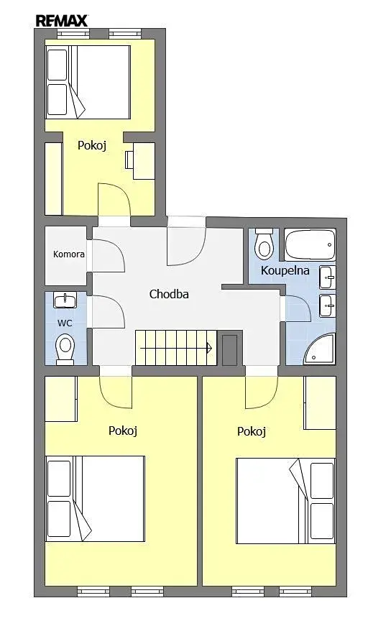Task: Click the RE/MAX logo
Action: pyautogui.click(x=62, y=21)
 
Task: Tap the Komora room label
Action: pyautogui.click(x=69, y=254)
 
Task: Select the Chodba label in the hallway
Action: pyautogui.click(x=169, y=294)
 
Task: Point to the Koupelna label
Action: pyautogui.click(x=285, y=270)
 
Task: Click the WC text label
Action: pyautogui.click(x=65, y=323)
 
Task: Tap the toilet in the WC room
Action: pyautogui.click(x=65, y=349)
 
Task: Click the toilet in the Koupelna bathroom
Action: pyautogui.click(x=264, y=242)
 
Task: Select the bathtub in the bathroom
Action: pyautogui.click(x=310, y=244)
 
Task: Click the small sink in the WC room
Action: pyautogui.click(x=65, y=300)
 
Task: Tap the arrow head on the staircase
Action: pyautogui.click(x=209, y=348)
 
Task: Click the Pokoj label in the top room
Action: pyautogui.click(x=92, y=145)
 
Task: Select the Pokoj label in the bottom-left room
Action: pyautogui.click(x=123, y=431)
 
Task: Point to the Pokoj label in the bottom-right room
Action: pyautogui.click(x=252, y=431)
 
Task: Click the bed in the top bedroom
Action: pyautogui.click(x=88, y=82)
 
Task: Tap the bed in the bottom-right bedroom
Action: pyautogui.click(x=285, y=501)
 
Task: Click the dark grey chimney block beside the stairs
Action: pyautogui.click(x=229, y=350)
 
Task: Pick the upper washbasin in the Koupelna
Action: pyautogui.click(x=328, y=277)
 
